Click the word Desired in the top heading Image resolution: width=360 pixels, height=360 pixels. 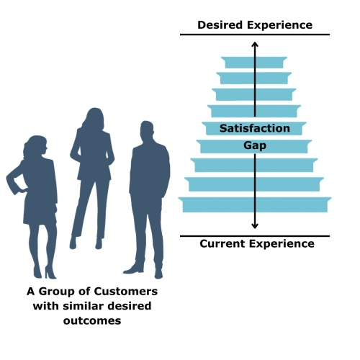click(x=220, y=25)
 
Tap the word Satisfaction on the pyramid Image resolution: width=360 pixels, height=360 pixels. click(x=255, y=128)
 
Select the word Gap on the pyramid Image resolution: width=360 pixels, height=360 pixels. click(x=255, y=145)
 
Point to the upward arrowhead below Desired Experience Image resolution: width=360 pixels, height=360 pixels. click(x=255, y=44)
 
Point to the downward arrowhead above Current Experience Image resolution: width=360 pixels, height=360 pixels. click(x=255, y=226)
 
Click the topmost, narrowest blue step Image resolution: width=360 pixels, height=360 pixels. click(x=254, y=63)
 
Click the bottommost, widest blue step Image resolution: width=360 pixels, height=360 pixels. click(x=255, y=204)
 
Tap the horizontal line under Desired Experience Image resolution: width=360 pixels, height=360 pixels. click(x=255, y=35)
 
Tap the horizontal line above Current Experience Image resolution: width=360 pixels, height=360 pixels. click(x=255, y=236)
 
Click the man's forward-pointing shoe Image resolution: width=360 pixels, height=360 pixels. click(x=133, y=269)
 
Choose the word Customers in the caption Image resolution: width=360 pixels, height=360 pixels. click(x=126, y=292)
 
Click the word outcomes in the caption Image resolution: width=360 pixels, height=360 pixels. click(x=92, y=320)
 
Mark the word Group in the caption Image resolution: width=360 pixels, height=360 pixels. click(x=56, y=292)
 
